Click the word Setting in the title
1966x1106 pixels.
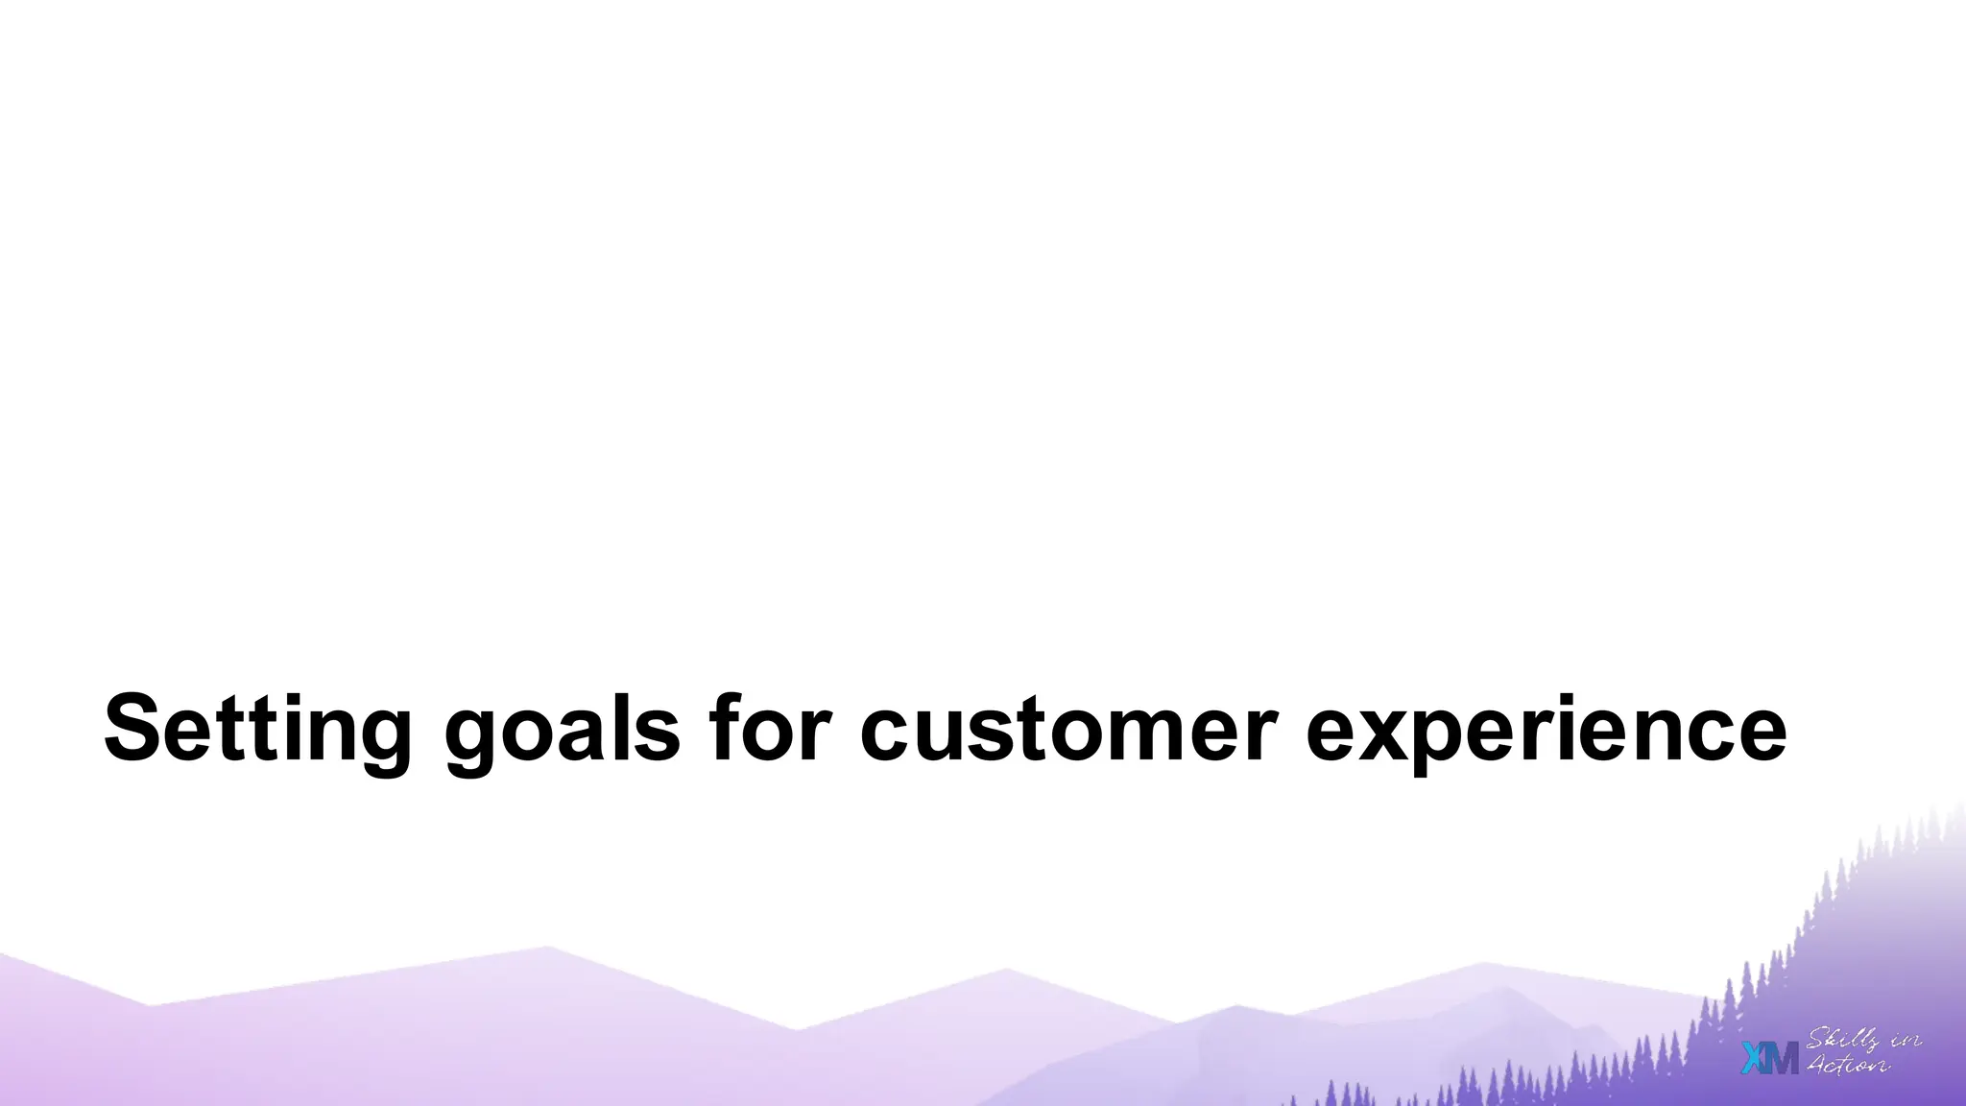coord(257,729)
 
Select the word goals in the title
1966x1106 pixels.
coord(562,729)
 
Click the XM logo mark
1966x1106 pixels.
coord(1769,1058)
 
